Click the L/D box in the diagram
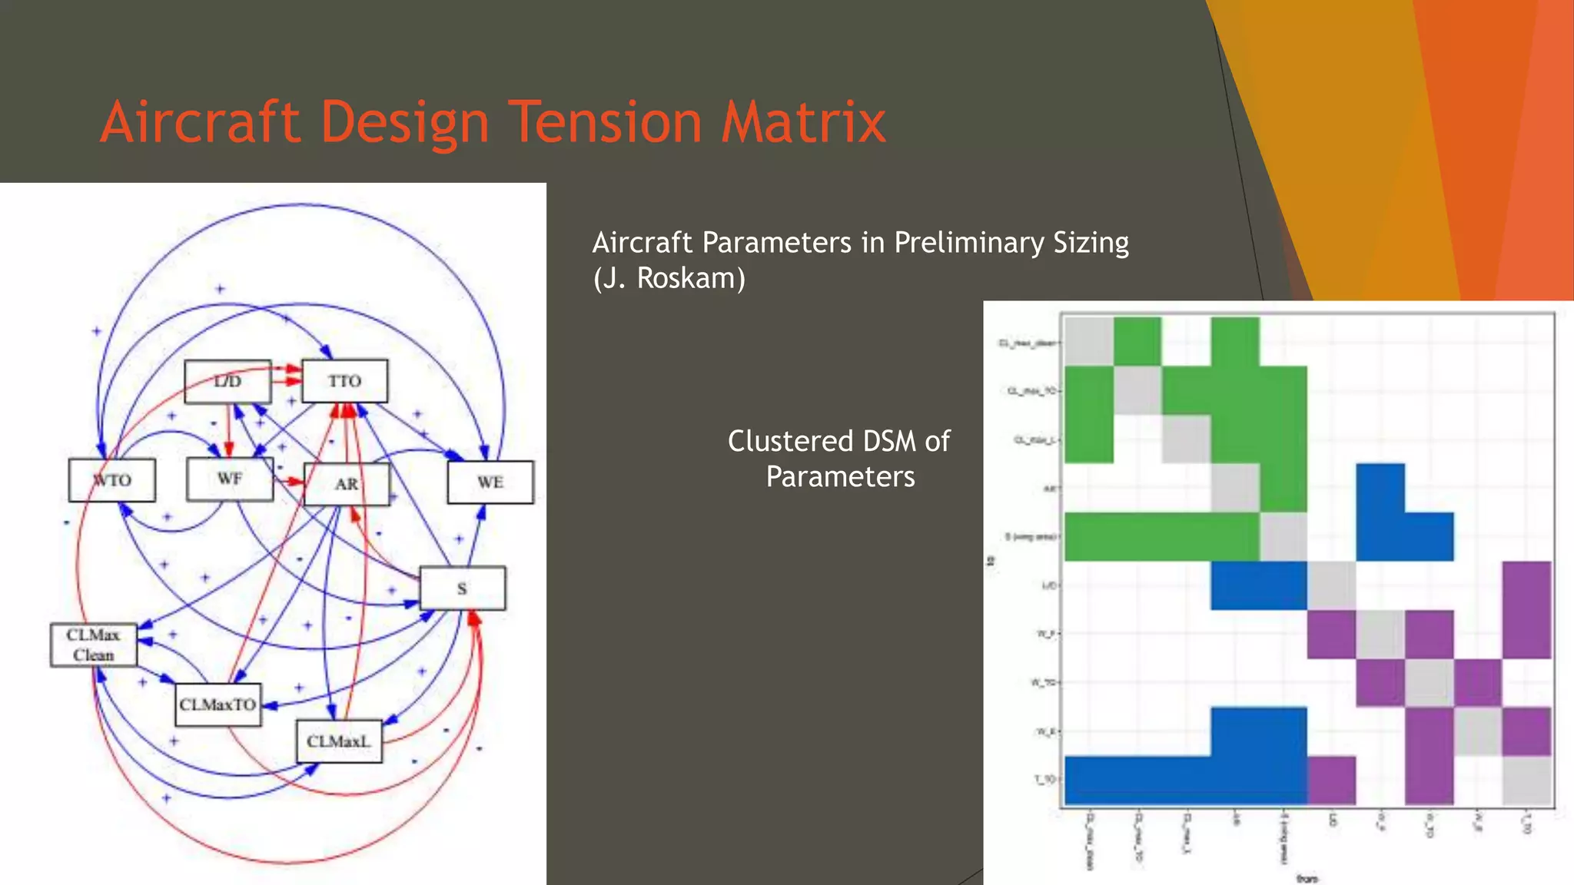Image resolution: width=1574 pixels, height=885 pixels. pos(227,382)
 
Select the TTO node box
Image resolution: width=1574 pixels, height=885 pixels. pos(344,381)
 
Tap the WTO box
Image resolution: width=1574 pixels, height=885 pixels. pos(112,480)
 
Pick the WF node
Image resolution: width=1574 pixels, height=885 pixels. pos(230,479)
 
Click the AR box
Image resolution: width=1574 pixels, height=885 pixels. pos(347,484)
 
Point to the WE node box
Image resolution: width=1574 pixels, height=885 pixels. pos(490,482)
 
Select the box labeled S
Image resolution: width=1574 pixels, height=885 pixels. pos(462,588)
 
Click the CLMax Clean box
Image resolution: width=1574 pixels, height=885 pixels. pos(94,645)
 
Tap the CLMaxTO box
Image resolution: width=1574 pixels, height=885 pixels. pos(218,704)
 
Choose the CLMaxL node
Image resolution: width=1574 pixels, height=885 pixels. pos(339,741)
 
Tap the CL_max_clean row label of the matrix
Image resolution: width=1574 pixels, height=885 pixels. pos(1028,343)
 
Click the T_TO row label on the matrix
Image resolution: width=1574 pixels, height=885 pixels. pos(1045,779)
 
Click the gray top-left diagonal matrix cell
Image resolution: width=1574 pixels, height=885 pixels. pos(1089,341)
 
